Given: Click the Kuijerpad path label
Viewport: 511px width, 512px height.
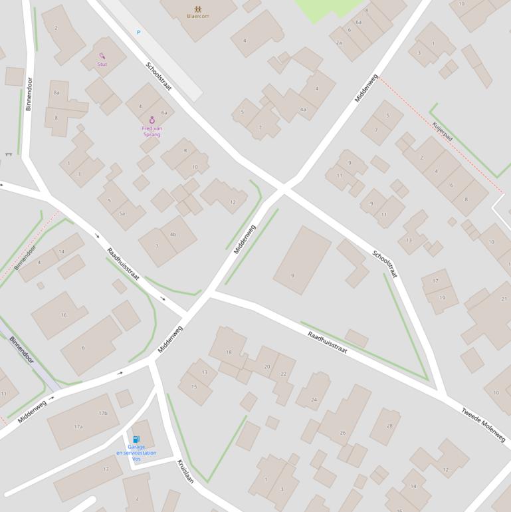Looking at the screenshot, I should pos(442,132).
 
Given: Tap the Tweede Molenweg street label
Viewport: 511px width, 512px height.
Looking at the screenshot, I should pos(483,424).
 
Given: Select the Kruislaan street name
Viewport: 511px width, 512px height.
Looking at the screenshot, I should pos(185,471).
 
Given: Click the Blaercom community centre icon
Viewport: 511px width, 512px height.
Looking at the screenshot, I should pos(197,9).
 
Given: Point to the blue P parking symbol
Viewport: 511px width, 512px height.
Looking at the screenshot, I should pos(139,32).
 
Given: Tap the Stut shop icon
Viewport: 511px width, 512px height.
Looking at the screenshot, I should pos(102,57).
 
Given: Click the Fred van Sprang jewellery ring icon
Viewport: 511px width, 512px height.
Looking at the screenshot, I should pos(152,120).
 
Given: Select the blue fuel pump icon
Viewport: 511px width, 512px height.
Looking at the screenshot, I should pos(136,440).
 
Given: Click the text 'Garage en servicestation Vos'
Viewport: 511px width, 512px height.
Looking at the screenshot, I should pos(136,453).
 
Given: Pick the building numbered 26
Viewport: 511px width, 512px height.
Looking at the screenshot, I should pos(343,432).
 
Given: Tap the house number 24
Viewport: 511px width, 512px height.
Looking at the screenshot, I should pos(314,400).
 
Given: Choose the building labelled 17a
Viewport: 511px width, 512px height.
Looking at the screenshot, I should pos(78,426).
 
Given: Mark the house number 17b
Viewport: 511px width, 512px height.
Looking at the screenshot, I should pos(103,413).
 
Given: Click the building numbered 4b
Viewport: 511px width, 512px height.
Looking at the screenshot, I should pos(173,234).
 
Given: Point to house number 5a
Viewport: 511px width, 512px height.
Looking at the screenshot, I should pos(122,213).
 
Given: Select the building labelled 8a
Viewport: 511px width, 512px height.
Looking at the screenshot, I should pos(56,92).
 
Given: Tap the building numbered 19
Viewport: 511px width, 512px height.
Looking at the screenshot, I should pos(442,297).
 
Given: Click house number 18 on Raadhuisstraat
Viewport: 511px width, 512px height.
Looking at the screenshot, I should pos(229,352).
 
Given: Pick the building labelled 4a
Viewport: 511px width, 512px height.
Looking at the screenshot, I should pos(303,109).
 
